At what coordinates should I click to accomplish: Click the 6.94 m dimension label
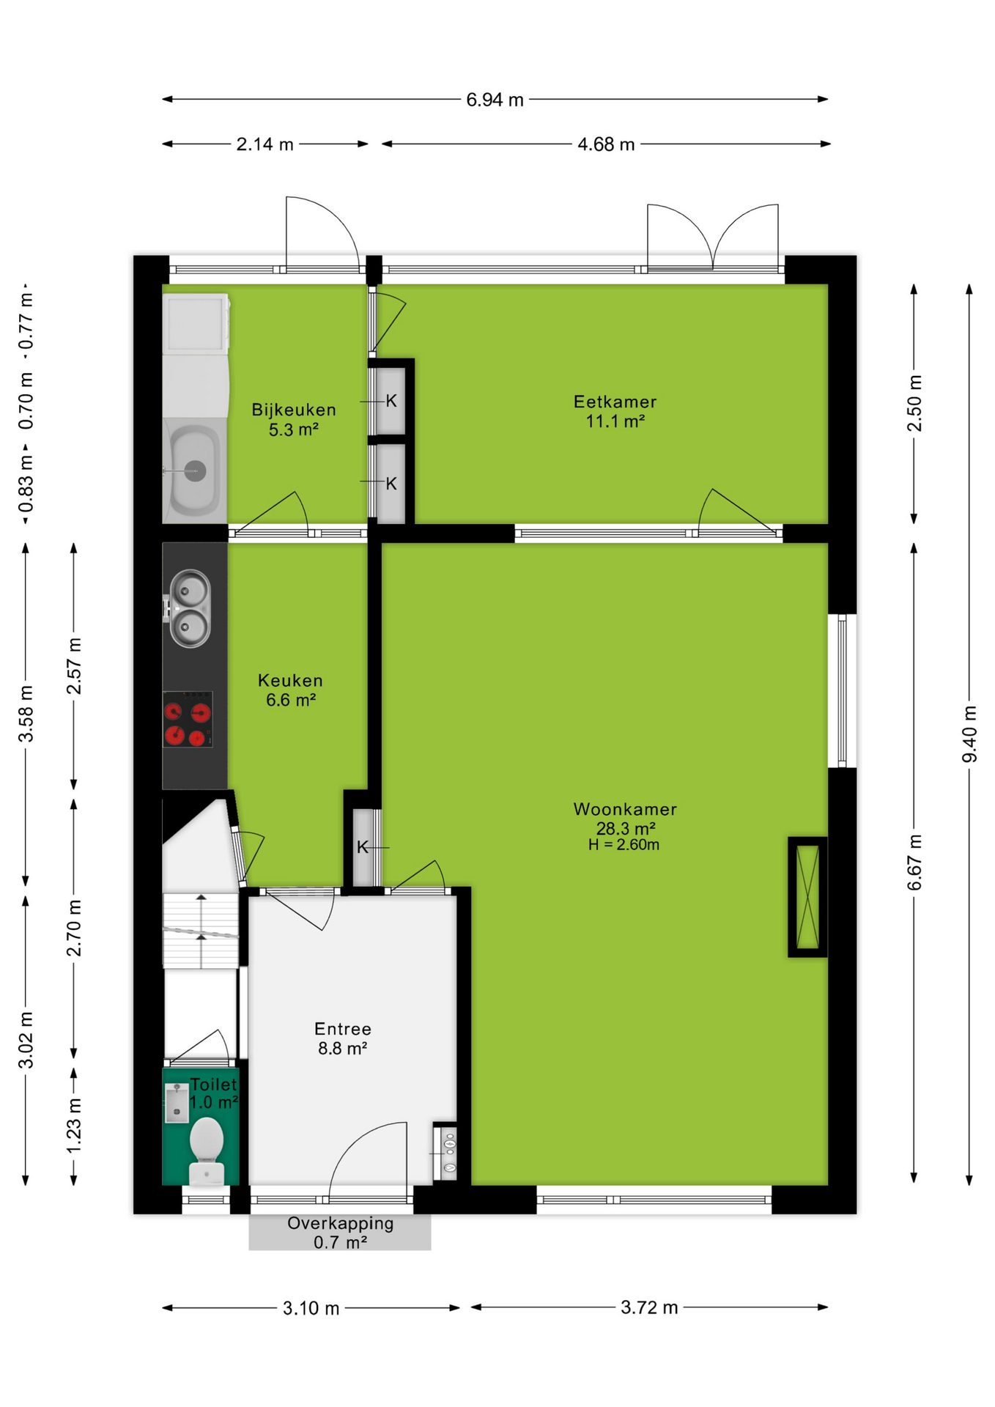(x=495, y=100)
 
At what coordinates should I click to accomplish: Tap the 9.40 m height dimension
(x=969, y=734)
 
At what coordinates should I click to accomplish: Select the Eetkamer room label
(x=615, y=402)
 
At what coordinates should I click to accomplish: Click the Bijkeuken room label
(x=294, y=410)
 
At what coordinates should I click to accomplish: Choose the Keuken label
(x=290, y=680)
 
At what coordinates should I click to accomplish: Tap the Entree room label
(x=342, y=1029)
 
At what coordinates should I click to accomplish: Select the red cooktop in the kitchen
(x=188, y=720)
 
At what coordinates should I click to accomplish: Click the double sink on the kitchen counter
(x=190, y=609)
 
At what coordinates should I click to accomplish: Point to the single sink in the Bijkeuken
(x=194, y=470)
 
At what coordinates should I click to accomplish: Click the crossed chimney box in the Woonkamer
(x=807, y=897)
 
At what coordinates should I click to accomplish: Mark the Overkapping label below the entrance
(x=340, y=1223)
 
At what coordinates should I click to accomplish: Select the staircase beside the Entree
(x=201, y=931)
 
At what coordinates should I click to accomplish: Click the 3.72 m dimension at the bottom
(x=649, y=1307)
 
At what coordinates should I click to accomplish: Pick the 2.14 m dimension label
(x=265, y=144)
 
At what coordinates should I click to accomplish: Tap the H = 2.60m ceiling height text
(x=624, y=845)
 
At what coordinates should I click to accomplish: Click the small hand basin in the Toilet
(x=177, y=1103)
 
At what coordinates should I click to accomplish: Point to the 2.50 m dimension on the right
(x=914, y=404)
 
